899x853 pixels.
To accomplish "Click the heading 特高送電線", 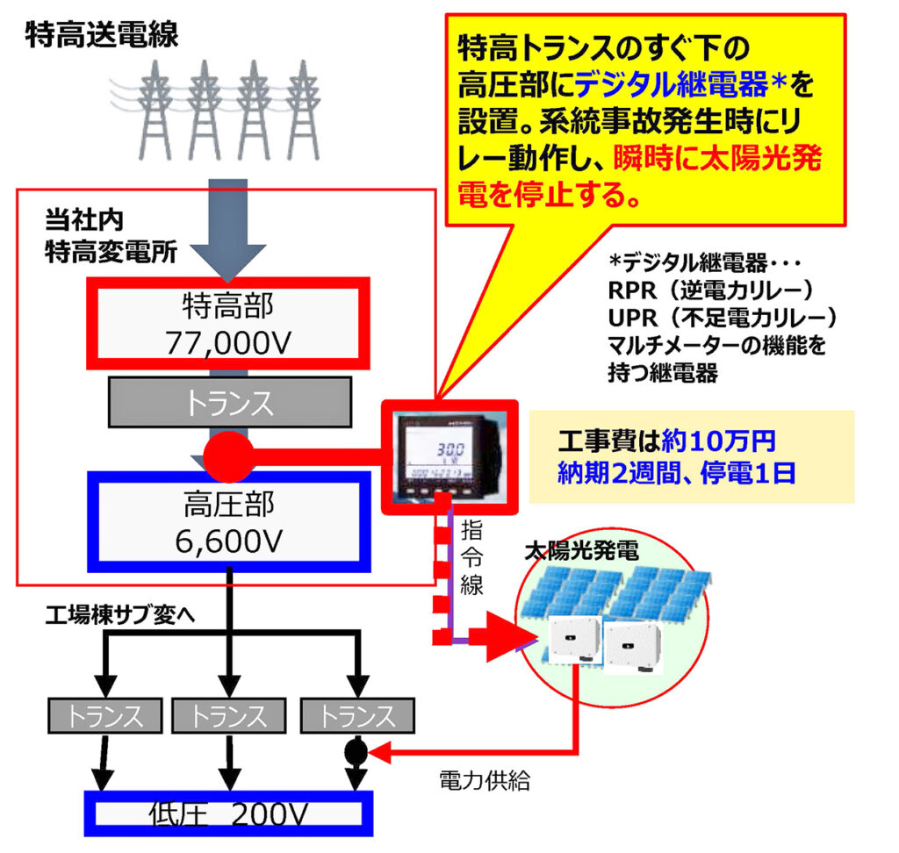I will (102, 35).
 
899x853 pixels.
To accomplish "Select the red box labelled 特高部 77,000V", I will (227, 323).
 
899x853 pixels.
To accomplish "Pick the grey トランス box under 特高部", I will (229, 403).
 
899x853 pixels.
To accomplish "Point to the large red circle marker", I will (227, 455).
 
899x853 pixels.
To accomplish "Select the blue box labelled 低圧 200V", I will (228, 814).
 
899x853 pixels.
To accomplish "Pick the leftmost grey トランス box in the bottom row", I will (105, 716).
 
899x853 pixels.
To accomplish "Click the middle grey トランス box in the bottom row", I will (229, 716).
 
